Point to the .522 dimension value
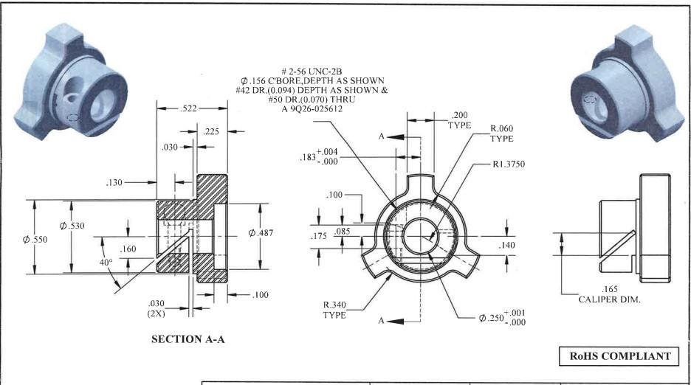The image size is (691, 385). tap(189, 109)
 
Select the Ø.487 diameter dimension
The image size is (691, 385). tap(261, 232)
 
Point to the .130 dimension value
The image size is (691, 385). tap(117, 182)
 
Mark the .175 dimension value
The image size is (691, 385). tap(319, 237)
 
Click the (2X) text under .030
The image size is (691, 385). tap(156, 313)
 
